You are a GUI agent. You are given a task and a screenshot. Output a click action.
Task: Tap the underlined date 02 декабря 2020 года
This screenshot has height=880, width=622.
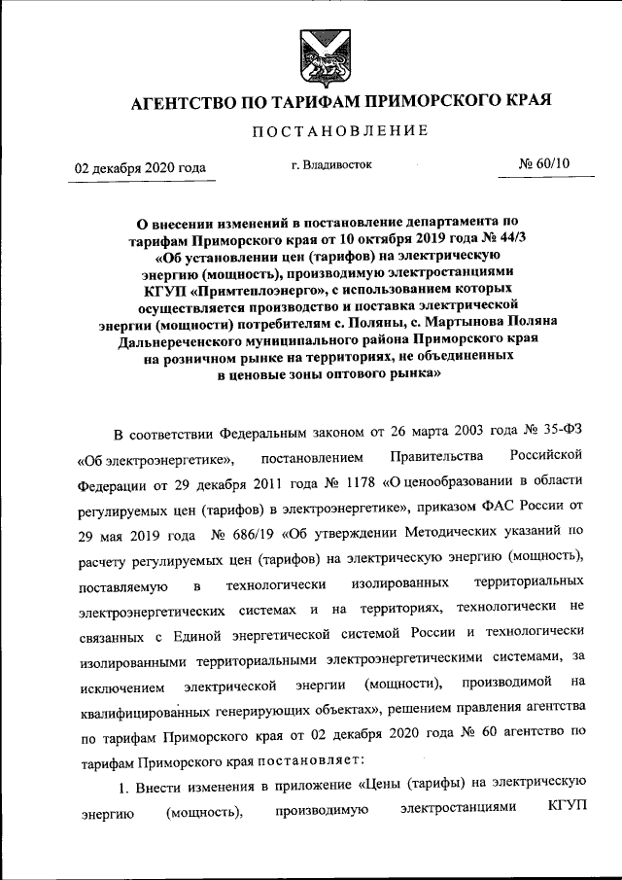(x=141, y=168)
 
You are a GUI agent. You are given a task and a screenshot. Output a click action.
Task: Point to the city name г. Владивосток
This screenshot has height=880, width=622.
(x=331, y=165)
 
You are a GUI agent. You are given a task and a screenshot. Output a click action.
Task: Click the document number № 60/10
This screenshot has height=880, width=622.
(x=545, y=164)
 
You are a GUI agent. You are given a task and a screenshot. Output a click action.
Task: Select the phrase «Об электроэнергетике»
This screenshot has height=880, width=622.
(x=154, y=457)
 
